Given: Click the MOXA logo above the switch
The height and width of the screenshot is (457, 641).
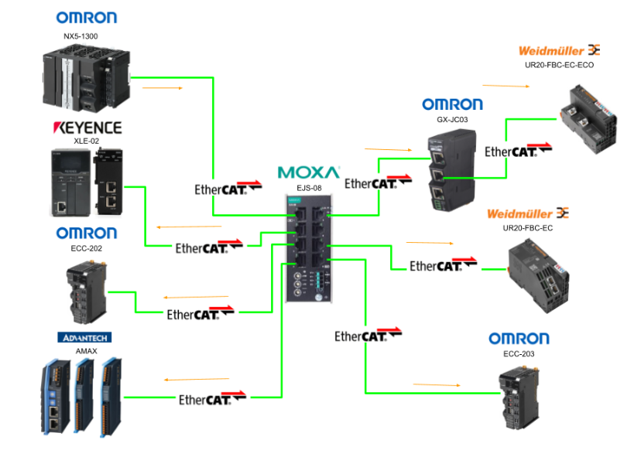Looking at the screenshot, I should pyautogui.click(x=308, y=171).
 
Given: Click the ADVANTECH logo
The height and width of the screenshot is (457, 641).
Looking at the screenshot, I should pyautogui.click(x=84, y=337).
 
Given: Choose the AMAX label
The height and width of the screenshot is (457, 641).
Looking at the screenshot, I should pyautogui.click(x=86, y=350).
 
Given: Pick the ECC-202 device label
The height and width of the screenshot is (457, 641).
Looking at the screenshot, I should pyautogui.click(x=86, y=248).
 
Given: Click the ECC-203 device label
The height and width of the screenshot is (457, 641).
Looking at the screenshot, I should pyautogui.click(x=519, y=353).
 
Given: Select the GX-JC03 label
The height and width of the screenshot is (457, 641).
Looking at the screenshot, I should pyautogui.click(x=452, y=120).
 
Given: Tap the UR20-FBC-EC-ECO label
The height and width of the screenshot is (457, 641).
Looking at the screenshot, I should pyautogui.click(x=559, y=65).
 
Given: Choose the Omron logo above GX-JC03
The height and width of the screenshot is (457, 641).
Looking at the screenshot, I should pyautogui.click(x=452, y=104).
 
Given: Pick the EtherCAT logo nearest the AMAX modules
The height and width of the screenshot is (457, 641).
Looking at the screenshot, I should pyautogui.click(x=212, y=399).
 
